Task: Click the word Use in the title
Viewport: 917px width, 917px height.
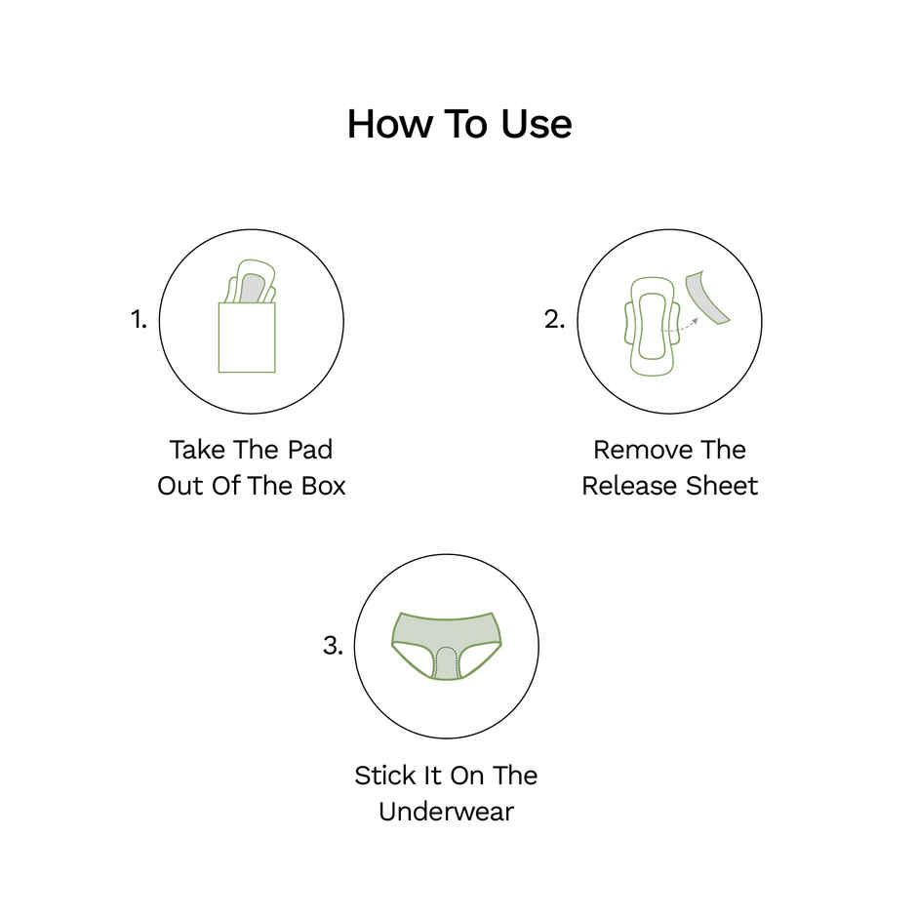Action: [537, 124]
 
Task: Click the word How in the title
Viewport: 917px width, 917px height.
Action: [389, 124]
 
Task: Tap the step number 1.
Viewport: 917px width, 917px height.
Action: [138, 320]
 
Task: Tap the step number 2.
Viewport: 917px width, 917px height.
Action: [554, 320]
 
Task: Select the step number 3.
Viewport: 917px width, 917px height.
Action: [333, 646]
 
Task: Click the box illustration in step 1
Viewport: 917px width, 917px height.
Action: [247, 338]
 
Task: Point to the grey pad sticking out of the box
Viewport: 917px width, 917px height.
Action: [251, 289]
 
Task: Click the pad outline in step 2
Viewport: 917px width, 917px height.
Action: [652, 327]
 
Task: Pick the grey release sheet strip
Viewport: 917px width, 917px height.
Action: [707, 298]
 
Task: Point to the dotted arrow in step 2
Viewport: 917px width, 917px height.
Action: [681, 328]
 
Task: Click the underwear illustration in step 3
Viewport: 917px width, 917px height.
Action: [446, 646]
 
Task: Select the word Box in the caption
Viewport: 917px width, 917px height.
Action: [323, 486]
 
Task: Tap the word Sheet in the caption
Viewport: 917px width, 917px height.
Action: [722, 486]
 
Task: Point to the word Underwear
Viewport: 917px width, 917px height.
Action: [446, 812]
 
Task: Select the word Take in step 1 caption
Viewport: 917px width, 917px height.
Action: [197, 451]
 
